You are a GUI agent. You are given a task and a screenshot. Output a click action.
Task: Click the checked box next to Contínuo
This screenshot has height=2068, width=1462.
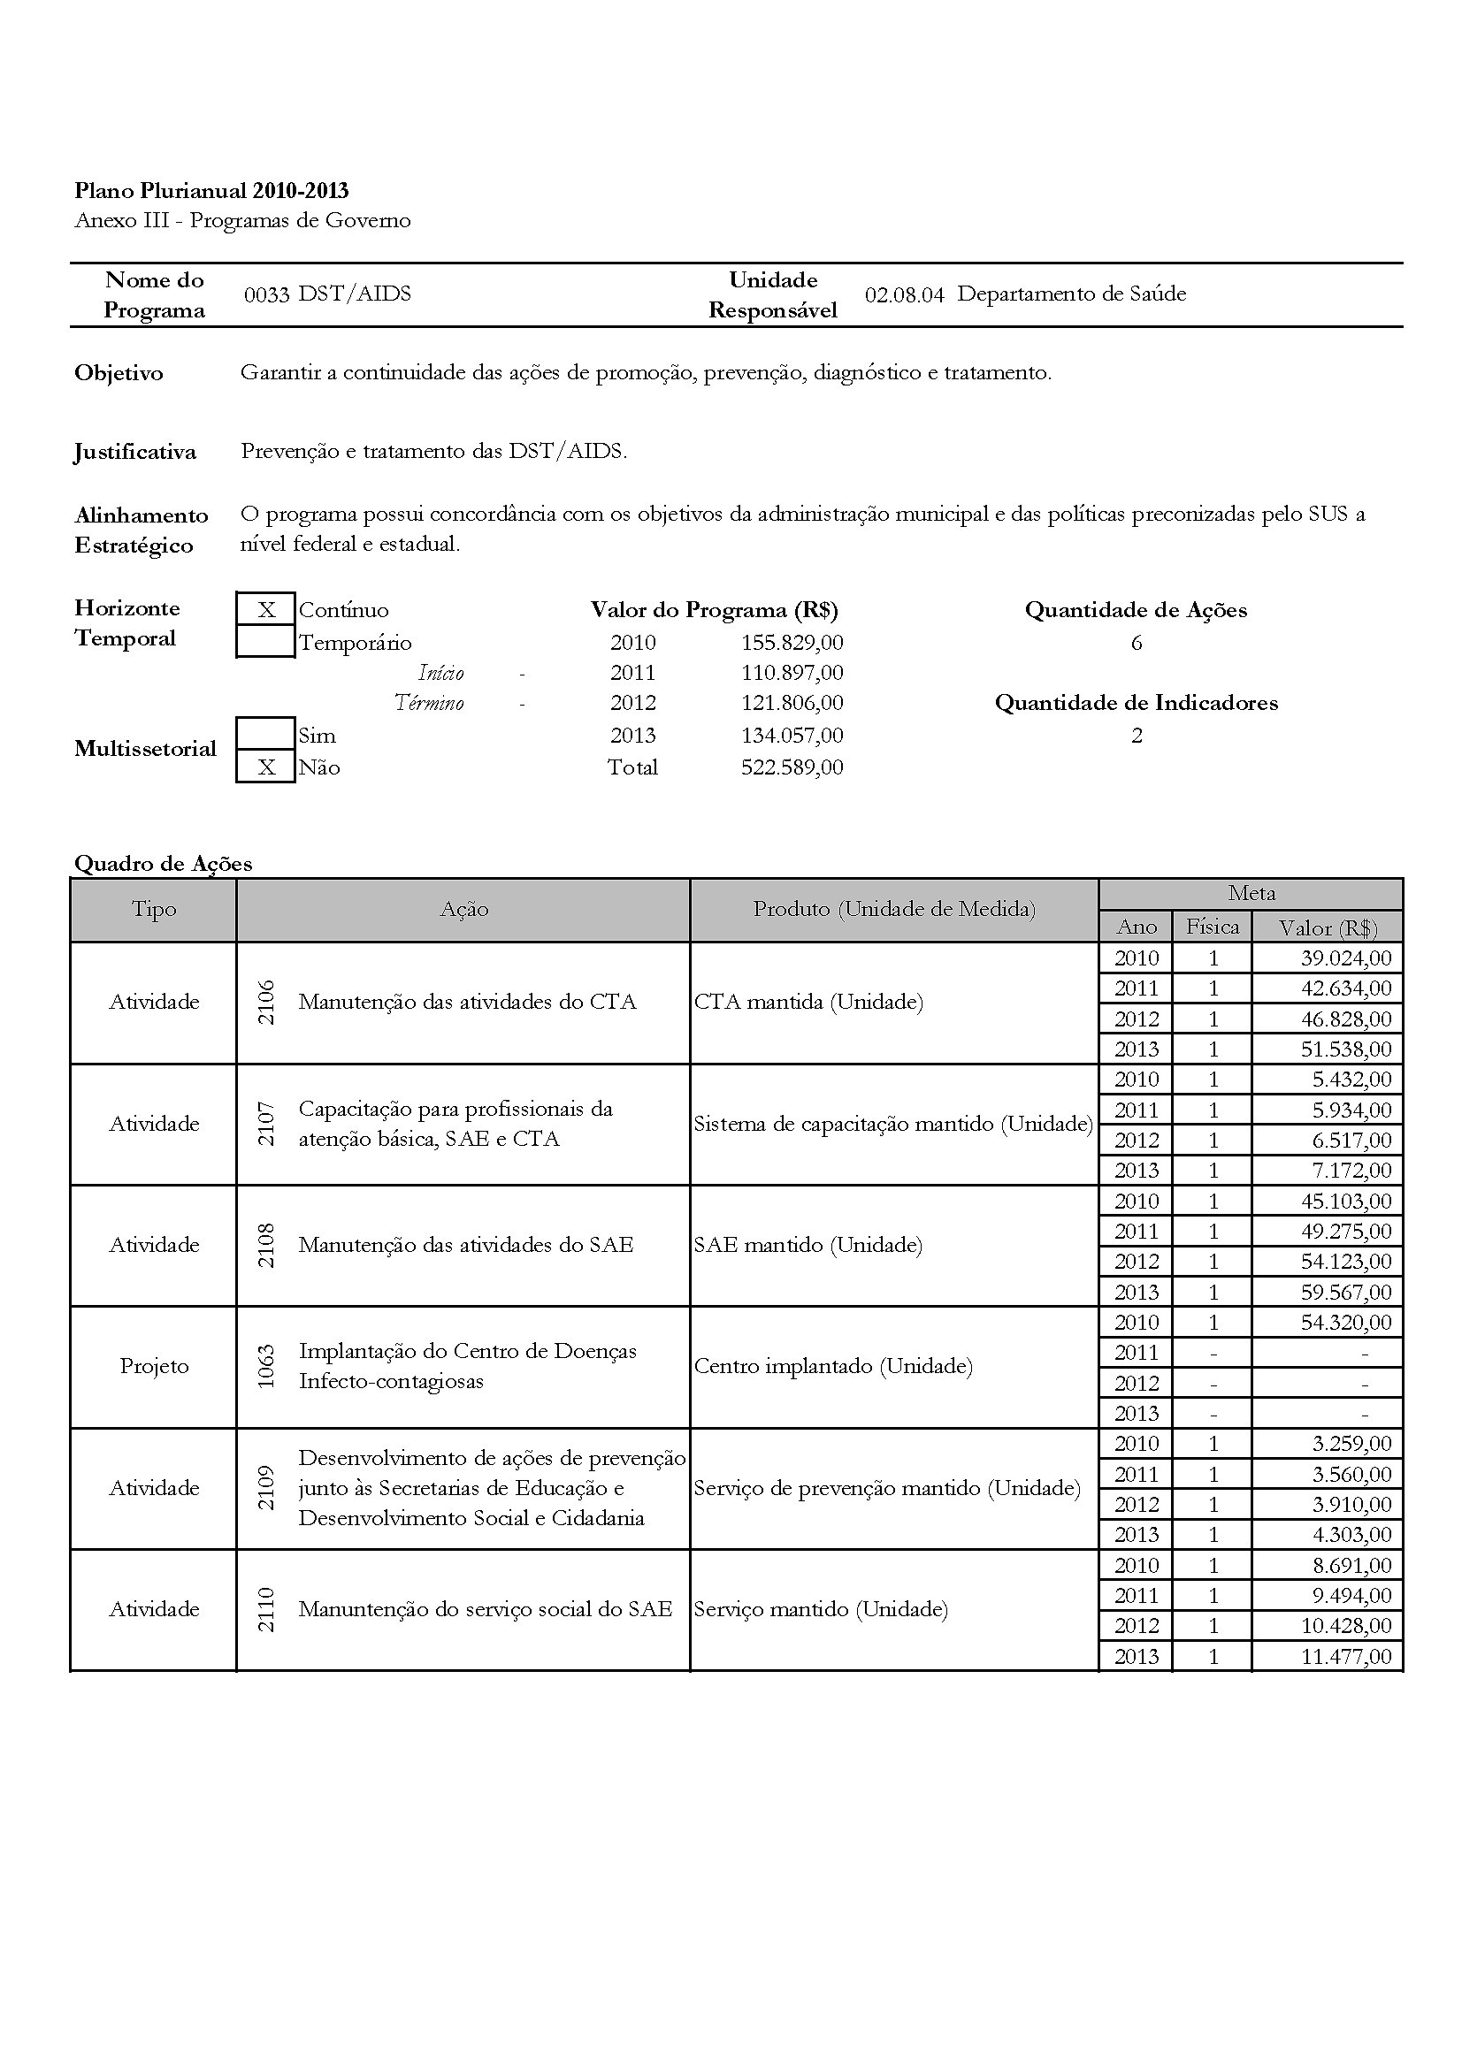coord(265,610)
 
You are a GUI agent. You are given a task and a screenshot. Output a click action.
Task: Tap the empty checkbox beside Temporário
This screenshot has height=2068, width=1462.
coord(265,642)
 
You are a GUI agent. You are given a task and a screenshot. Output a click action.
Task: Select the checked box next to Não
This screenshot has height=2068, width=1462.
coord(265,767)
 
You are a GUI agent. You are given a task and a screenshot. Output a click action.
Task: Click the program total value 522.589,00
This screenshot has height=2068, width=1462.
coord(792,767)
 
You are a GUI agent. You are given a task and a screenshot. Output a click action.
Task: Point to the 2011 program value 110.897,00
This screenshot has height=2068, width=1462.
coord(792,673)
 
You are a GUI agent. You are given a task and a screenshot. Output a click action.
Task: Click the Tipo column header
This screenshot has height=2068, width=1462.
coord(154,910)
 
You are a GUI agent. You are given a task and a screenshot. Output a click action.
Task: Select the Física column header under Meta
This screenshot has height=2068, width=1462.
coord(1212,926)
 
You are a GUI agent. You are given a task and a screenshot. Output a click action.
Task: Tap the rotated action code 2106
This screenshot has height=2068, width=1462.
coord(265,1002)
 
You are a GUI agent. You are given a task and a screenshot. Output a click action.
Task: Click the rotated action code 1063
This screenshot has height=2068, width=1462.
coord(265,1366)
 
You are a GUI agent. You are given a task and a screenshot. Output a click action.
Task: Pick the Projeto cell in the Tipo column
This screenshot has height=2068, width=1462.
coord(154,1366)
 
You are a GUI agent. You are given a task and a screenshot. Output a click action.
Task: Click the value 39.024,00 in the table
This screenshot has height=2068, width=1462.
coord(1346,958)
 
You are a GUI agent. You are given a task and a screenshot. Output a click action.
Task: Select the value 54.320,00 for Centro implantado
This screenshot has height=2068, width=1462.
coord(1346,1322)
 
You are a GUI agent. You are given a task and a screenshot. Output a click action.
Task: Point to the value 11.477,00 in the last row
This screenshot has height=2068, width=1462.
coord(1346,1656)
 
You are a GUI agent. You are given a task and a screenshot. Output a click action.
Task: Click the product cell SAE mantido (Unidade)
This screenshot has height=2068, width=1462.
coord(808,1245)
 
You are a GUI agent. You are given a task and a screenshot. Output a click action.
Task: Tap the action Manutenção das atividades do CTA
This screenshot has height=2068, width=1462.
coord(467,1002)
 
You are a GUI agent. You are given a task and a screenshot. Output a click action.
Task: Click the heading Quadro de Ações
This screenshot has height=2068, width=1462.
coord(163,864)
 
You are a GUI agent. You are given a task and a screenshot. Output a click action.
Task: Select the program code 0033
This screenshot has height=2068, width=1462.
coord(265,294)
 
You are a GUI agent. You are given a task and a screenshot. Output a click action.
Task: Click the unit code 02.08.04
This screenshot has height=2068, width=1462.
coord(904,294)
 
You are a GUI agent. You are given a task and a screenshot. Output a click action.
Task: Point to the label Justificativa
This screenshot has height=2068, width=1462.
coord(135,451)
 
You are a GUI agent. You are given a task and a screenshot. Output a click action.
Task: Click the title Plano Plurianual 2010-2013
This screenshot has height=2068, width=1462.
coord(211,190)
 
